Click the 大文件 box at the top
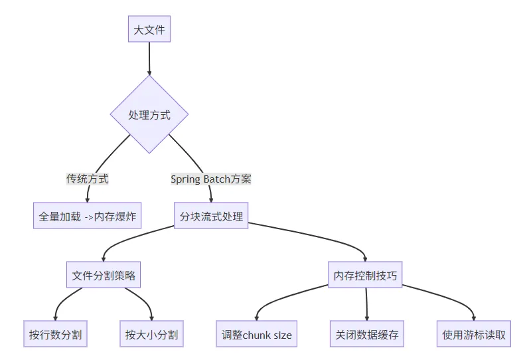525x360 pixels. [x=149, y=29]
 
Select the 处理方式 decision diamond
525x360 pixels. [x=149, y=115]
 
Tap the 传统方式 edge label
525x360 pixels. [x=87, y=179]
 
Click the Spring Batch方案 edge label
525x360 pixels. [x=211, y=179]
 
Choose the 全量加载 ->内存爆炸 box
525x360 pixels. [x=87, y=216]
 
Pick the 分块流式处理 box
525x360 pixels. [x=211, y=216]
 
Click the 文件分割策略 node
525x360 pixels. [x=104, y=275]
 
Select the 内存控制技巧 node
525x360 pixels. [x=366, y=275]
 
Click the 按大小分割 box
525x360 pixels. [x=151, y=334]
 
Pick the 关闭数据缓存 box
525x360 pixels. [x=367, y=334]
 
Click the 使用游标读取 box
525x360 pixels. [x=474, y=334]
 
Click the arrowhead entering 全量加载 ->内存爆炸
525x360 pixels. [x=87, y=199]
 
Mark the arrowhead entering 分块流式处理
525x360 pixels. [x=211, y=199]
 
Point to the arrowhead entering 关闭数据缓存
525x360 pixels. [x=367, y=317]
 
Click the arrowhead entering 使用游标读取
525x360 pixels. [x=474, y=317]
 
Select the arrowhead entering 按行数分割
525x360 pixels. [x=55, y=317]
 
